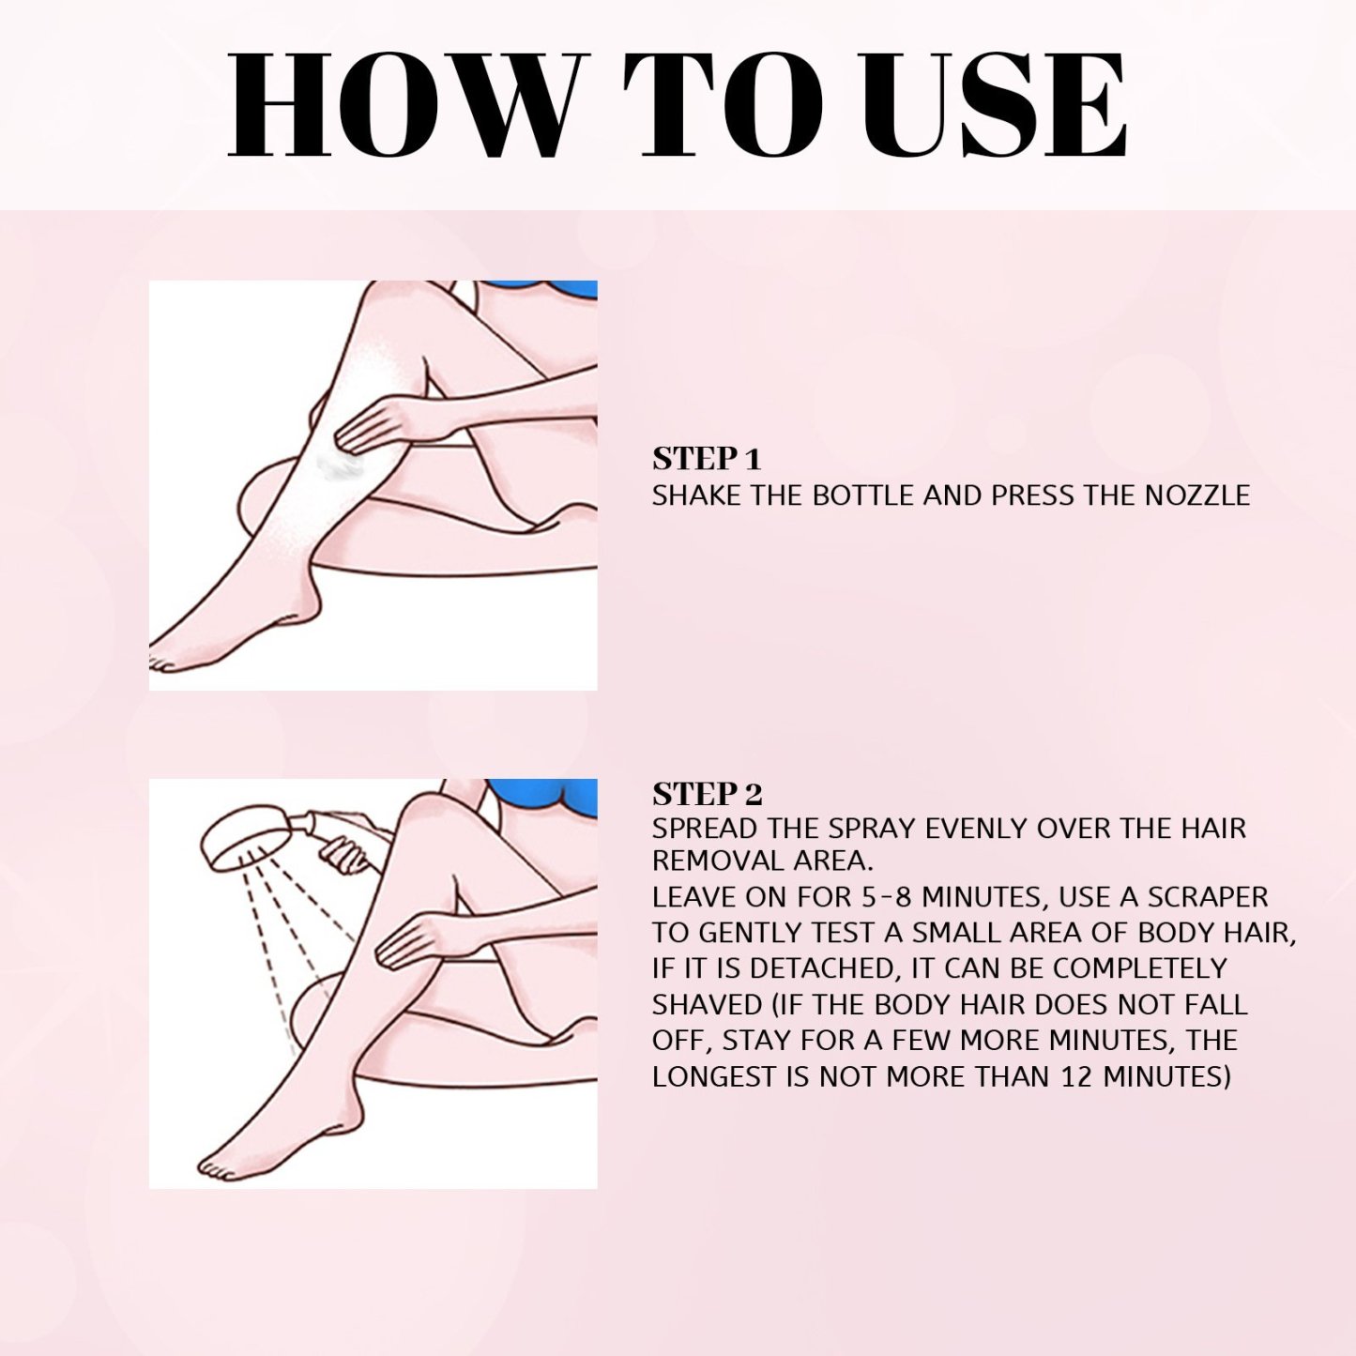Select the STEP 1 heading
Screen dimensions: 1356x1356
(706, 459)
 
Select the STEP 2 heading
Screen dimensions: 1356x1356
(707, 794)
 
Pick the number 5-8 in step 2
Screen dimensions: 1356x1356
(887, 897)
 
